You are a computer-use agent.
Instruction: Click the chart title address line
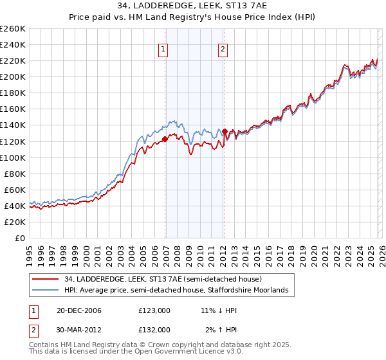(193, 6)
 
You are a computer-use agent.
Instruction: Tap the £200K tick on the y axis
(12, 76)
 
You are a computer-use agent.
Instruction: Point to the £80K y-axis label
(14, 174)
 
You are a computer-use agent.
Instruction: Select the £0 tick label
(19, 238)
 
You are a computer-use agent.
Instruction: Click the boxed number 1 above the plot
(163, 50)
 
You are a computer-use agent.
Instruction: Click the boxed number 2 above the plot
(223, 50)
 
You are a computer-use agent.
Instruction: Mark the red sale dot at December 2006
(165, 139)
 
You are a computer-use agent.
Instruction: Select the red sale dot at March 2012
(225, 132)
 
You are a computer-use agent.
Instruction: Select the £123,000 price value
(154, 311)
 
